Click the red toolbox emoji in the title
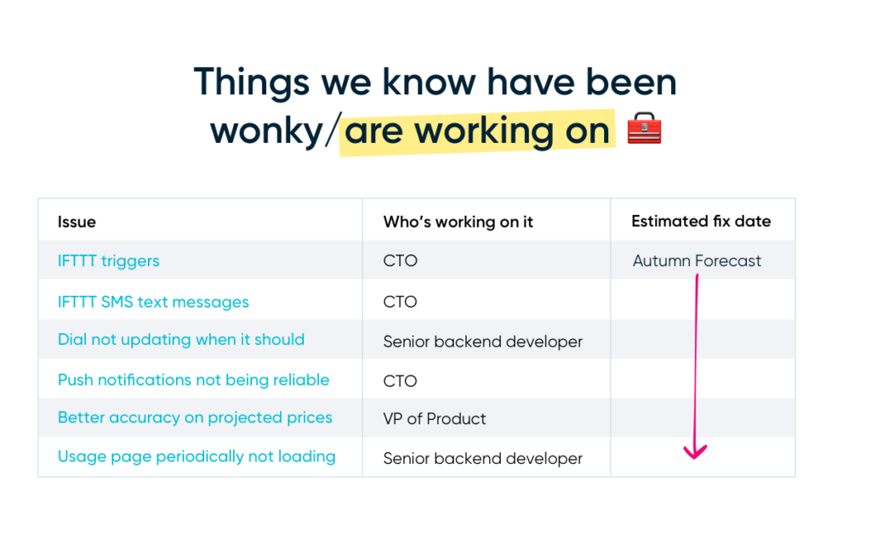644,128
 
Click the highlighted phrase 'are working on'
477,131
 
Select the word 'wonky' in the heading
266,132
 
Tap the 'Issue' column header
77,222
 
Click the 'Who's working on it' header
458,222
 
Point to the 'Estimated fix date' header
701,222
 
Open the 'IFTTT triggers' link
108,261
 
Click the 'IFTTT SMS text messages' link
153,302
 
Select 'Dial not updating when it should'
181,340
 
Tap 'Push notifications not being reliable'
193,380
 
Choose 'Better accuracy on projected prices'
195,417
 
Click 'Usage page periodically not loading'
196,456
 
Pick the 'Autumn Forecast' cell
697,261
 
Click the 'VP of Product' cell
435,419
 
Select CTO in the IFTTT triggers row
400,261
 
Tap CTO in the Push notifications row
400,382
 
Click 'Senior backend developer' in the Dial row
483,342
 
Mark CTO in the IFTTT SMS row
400,302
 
